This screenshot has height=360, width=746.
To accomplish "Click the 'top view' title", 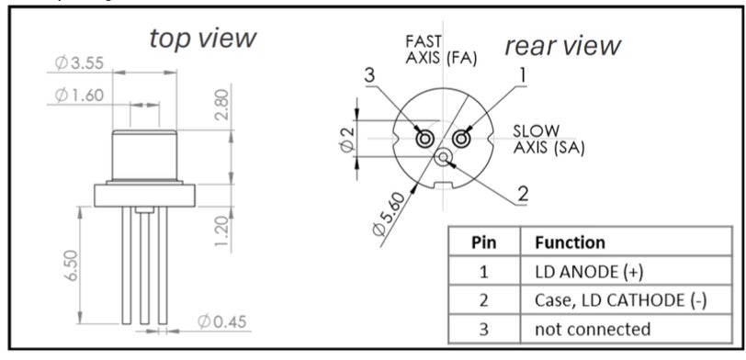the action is (203, 39).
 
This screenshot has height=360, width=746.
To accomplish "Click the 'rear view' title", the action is (563, 46).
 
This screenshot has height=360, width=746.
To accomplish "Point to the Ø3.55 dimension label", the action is (79, 62).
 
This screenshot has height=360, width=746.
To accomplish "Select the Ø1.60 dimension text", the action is (79, 96).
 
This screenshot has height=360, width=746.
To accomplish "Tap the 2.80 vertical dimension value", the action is (222, 105).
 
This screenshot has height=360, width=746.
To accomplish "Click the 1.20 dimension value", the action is (222, 231).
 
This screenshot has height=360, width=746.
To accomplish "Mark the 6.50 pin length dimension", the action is (72, 265).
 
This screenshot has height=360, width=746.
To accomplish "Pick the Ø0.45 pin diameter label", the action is (222, 322).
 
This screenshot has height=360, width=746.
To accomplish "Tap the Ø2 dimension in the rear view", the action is (348, 140).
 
